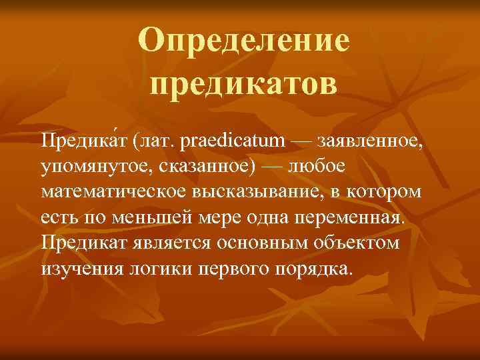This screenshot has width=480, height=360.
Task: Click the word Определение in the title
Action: pyautogui.click(x=244, y=41)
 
